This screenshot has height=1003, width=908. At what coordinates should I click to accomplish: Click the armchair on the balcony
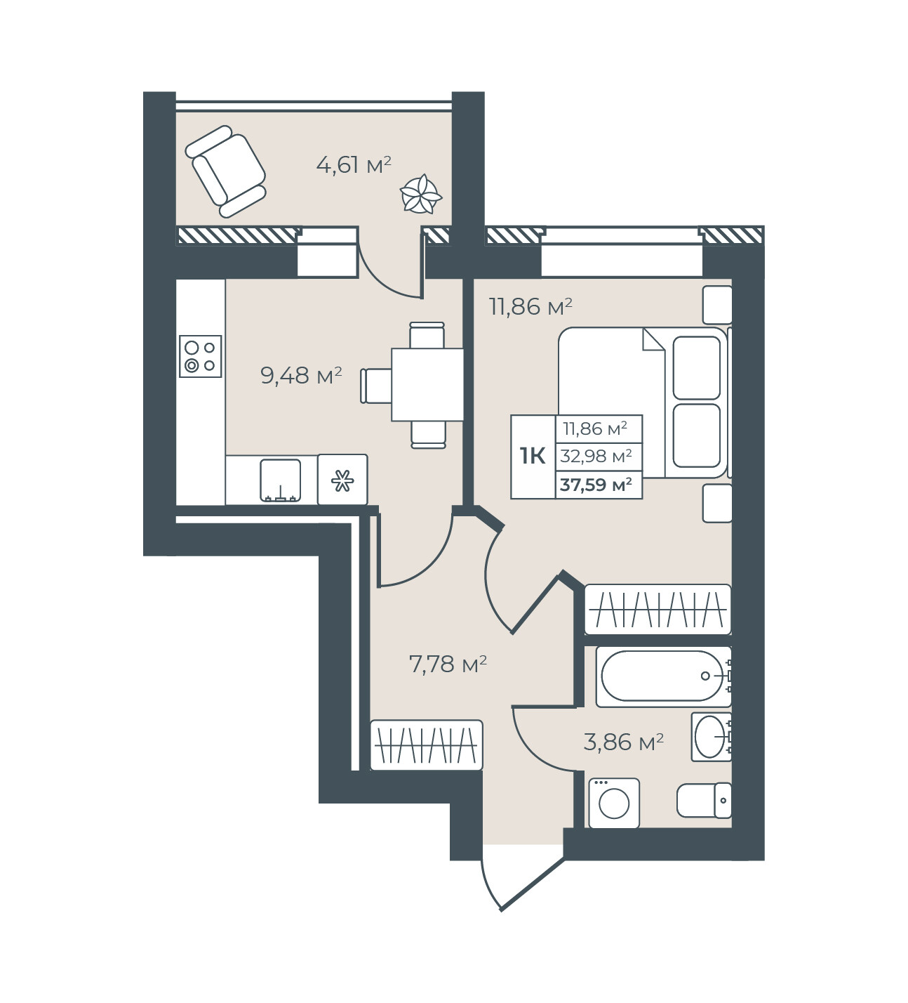[225, 171]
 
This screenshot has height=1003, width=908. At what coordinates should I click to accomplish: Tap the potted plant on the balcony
[421, 194]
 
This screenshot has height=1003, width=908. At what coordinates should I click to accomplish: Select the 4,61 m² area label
[353, 164]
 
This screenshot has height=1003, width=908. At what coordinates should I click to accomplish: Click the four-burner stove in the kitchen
[201, 356]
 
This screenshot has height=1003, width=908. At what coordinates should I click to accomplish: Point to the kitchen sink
[281, 480]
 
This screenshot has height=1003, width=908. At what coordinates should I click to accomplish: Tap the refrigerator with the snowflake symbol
[343, 480]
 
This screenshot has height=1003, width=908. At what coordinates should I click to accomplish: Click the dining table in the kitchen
[427, 384]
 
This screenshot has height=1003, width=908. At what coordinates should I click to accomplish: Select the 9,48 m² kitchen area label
[301, 375]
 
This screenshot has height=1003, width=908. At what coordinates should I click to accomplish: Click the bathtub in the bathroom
[664, 676]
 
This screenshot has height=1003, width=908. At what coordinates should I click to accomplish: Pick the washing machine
[614, 803]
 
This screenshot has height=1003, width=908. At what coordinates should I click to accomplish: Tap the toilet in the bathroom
[704, 800]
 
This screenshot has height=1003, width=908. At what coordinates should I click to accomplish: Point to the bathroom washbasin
[711, 737]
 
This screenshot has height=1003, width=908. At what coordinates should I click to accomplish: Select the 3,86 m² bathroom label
[623, 742]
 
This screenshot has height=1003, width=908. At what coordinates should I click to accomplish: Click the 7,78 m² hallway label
[448, 664]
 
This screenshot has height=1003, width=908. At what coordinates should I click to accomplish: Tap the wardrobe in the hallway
[426, 745]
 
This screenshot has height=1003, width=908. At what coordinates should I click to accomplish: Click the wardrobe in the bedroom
[658, 609]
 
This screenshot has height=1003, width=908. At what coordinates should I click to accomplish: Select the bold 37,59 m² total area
[596, 485]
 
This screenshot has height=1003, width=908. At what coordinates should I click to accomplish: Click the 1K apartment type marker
[533, 456]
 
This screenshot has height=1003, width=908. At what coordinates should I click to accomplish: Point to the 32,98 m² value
[596, 456]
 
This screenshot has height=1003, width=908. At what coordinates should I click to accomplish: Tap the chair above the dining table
[427, 334]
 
